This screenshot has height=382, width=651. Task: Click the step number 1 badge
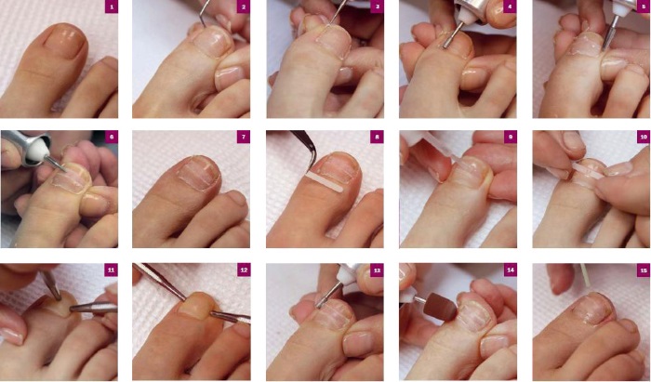(111, 8)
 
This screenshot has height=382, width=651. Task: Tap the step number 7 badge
(244, 138)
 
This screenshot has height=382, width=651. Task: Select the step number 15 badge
(643, 270)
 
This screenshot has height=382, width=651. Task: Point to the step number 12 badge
(244, 270)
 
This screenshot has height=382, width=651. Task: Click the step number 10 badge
(643, 138)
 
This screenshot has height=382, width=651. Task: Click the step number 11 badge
(111, 270)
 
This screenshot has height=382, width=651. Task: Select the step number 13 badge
(377, 270)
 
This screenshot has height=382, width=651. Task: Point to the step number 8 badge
(377, 138)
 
